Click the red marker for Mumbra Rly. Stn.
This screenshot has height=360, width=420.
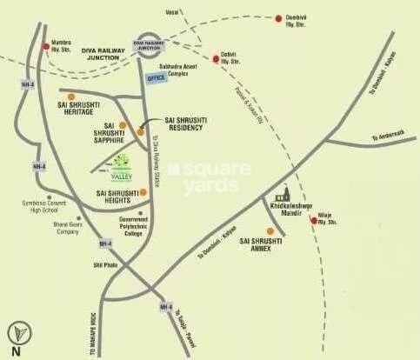click(46, 48)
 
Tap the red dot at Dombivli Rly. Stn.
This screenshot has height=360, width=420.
click(278, 18)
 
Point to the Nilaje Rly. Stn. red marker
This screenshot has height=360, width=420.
click(314, 221)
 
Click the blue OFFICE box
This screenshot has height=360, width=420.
click(156, 78)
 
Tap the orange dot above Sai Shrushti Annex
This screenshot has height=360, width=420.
click(270, 231)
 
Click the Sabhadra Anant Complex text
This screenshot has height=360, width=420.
click(175, 66)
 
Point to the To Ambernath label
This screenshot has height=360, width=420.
click(389, 139)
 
